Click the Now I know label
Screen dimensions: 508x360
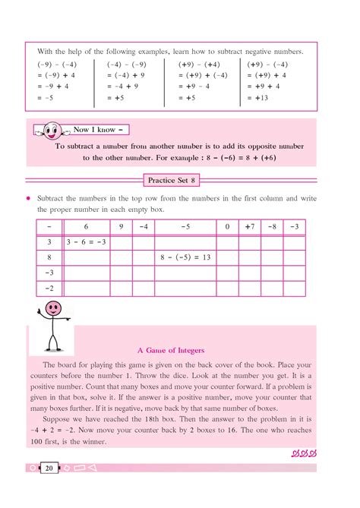[x=96, y=129]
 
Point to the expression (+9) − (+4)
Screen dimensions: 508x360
[x=199, y=64]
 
